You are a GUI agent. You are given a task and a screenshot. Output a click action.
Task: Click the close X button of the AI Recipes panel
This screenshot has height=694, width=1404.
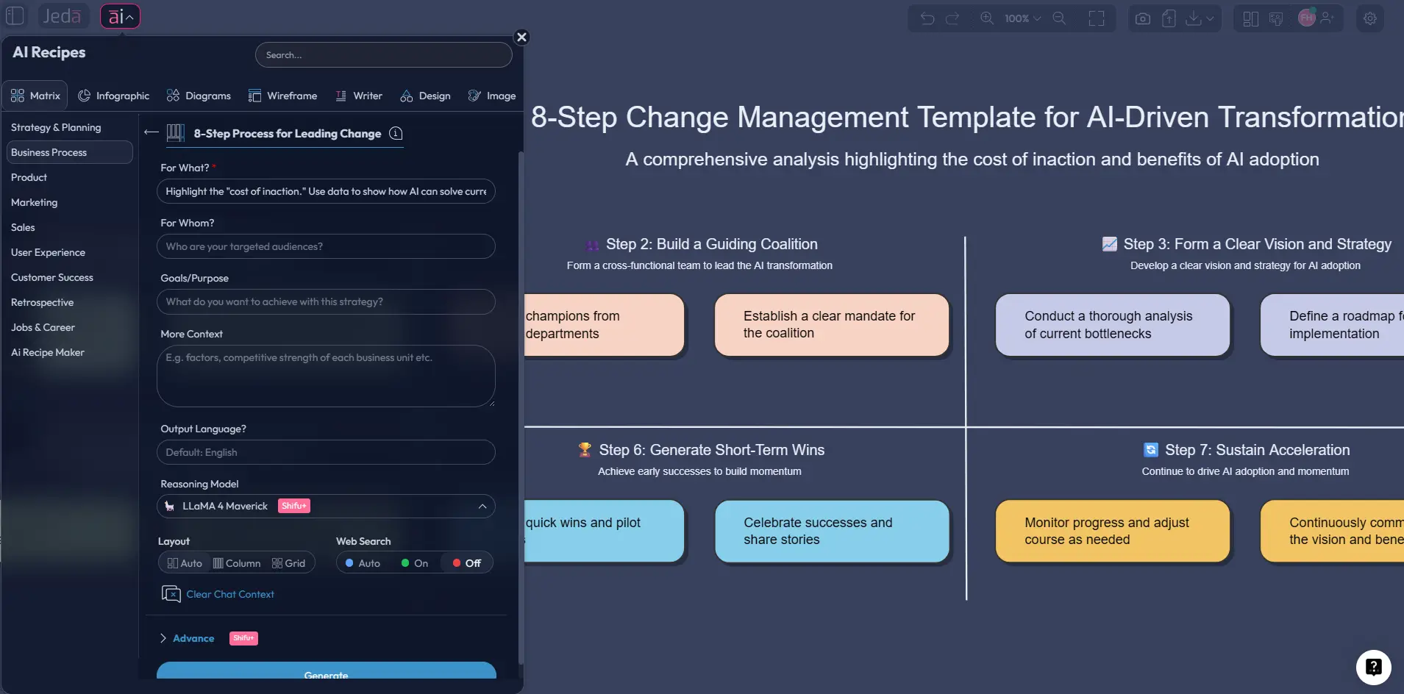(x=521, y=37)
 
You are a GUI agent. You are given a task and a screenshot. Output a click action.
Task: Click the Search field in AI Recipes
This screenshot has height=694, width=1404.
(x=383, y=55)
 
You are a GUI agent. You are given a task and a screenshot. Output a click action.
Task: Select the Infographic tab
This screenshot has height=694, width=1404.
(x=114, y=96)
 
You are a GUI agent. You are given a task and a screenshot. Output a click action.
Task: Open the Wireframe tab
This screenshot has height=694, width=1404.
(x=283, y=96)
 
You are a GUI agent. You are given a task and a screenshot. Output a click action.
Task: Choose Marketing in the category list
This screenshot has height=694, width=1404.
(x=35, y=202)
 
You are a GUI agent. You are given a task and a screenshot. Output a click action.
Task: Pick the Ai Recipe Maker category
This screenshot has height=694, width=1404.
(x=48, y=352)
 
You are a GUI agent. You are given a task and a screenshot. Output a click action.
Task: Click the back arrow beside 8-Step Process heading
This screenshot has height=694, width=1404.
(x=152, y=132)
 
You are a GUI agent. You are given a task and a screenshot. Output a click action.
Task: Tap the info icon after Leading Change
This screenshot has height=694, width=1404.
(x=396, y=133)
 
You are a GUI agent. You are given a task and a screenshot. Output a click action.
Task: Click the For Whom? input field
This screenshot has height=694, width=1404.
(x=326, y=246)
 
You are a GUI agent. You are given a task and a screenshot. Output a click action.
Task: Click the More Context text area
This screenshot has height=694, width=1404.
(x=326, y=376)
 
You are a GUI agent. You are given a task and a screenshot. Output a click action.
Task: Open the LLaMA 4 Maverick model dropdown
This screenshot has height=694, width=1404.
(x=326, y=506)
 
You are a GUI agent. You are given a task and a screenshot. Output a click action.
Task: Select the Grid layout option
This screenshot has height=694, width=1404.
(x=288, y=563)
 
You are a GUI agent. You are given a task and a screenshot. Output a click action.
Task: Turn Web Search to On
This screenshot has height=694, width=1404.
(x=415, y=563)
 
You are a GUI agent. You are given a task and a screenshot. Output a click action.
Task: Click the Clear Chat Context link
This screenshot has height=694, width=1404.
(x=229, y=594)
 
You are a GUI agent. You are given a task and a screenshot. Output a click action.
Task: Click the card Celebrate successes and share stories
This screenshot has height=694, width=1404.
(x=832, y=531)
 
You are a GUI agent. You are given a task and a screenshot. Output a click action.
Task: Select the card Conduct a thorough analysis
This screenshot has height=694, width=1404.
(x=1112, y=325)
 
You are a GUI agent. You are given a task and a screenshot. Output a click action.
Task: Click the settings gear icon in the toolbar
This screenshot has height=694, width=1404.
(x=1369, y=18)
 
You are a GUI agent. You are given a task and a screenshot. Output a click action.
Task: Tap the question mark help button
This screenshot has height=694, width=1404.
(x=1373, y=667)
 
